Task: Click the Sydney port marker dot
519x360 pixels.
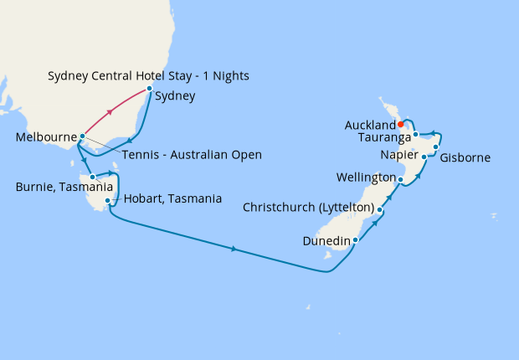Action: pyautogui.click(x=149, y=88)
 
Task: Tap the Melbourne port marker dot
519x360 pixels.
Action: pyautogui.click(x=81, y=136)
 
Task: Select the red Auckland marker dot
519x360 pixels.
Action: pyautogui.click(x=401, y=126)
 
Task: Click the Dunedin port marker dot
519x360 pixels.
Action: pyautogui.click(x=356, y=240)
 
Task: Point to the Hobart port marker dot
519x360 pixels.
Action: pyautogui.click(x=108, y=201)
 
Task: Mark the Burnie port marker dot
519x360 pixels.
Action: pyautogui.click(x=93, y=177)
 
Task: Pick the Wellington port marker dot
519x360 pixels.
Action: pyautogui.click(x=401, y=179)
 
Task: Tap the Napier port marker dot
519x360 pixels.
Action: pyautogui.click(x=424, y=157)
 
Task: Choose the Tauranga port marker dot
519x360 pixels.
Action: pyautogui.click(x=415, y=134)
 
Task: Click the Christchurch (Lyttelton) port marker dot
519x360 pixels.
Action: pyautogui.click(x=380, y=210)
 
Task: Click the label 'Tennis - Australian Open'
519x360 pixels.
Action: pyautogui.click(x=192, y=155)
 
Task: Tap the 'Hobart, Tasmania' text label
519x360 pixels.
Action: pyautogui.click(x=172, y=199)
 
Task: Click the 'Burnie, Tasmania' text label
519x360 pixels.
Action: pyautogui.click(x=49, y=177)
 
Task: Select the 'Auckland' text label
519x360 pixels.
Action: pyautogui.click(x=369, y=126)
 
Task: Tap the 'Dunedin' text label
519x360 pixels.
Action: pyautogui.click(x=326, y=241)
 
